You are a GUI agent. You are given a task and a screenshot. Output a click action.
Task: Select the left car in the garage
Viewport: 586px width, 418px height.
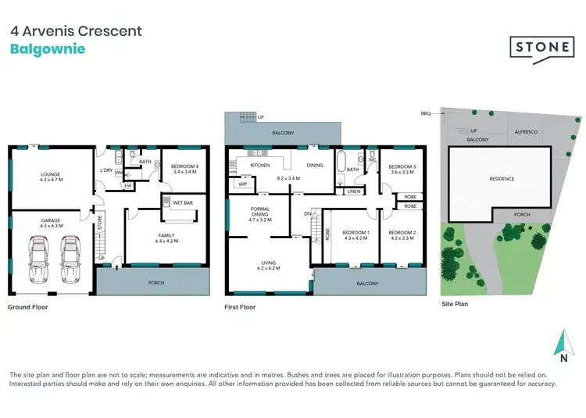(41, 260)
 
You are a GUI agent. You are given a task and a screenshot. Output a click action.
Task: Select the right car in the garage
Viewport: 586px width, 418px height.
(72, 260)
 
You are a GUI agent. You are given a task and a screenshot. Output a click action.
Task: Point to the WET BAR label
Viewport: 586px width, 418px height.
(183, 202)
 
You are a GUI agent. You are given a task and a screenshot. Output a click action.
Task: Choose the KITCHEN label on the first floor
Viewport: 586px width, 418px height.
(259, 166)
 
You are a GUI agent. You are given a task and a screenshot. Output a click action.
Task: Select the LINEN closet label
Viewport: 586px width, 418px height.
(353, 191)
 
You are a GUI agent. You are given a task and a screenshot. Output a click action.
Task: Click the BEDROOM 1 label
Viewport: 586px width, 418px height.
(356, 234)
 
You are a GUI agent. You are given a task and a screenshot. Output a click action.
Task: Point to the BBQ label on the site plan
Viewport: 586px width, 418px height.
(426, 113)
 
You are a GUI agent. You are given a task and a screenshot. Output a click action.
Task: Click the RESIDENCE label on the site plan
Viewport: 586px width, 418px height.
(502, 179)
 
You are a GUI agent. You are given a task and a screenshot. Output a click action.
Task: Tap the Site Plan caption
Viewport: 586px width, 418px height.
(455, 304)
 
